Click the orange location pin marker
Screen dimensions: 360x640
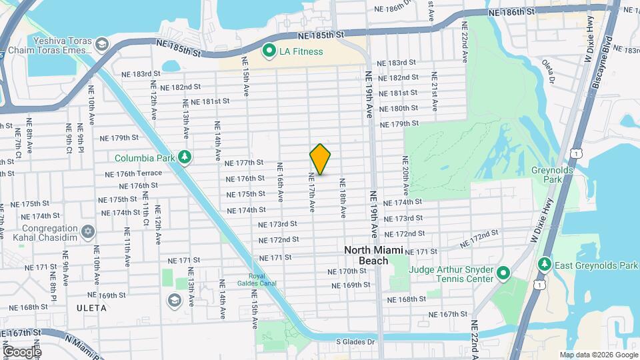[x=320, y=159]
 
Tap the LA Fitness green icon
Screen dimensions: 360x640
[x=269, y=51]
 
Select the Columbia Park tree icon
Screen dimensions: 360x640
[x=185, y=158]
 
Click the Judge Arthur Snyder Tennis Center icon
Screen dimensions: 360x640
[x=503, y=273]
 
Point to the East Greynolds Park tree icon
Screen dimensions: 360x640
[x=545, y=265]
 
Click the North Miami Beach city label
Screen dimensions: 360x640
[x=366, y=255]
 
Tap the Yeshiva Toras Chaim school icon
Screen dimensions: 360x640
[x=101, y=45]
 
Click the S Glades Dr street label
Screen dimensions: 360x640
[x=356, y=341]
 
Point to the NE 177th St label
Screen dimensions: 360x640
[x=245, y=163]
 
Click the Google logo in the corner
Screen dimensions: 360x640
[x=21, y=351]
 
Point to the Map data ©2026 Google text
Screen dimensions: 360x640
[x=598, y=355]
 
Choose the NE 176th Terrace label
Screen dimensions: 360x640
[x=134, y=173]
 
